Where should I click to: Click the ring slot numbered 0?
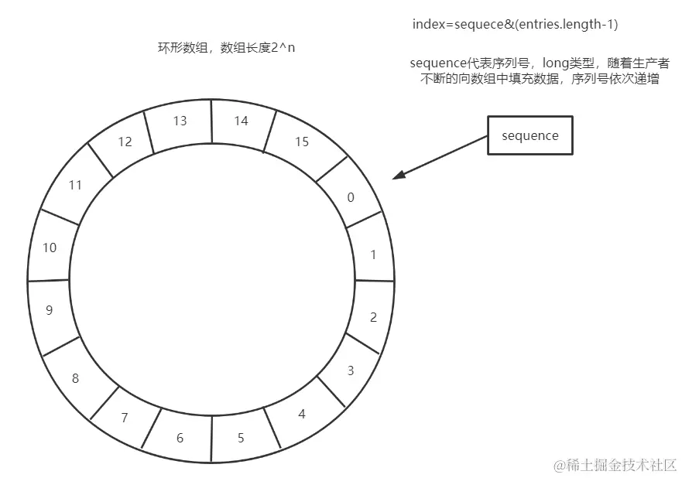(x=351, y=197)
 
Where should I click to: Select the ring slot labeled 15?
(x=301, y=142)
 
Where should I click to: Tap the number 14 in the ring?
(x=241, y=121)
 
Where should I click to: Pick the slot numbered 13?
(x=180, y=121)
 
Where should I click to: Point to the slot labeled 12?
(x=124, y=142)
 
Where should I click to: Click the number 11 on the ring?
(x=75, y=186)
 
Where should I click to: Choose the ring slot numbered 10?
(x=50, y=248)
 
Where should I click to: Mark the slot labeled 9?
(x=50, y=311)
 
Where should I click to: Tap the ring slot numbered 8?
(x=75, y=379)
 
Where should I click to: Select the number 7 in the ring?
(x=124, y=418)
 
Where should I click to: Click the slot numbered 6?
(x=180, y=439)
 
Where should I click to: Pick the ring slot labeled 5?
(x=241, y=439)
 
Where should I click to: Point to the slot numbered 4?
(x=301, y=415)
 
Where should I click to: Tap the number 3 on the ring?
(x=350, y=371)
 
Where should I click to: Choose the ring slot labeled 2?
(x=373, y=317)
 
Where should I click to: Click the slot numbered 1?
(x=373, y=254)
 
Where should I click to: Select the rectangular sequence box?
(x=529, y=135)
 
